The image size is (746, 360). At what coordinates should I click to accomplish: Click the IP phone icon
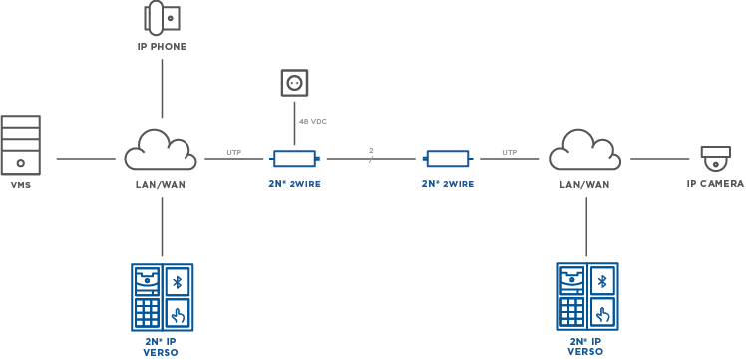[x=161, y=17]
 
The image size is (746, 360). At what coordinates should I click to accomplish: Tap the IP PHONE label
[x=161, y=46]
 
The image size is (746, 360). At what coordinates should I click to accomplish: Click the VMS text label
[x=20, y=185]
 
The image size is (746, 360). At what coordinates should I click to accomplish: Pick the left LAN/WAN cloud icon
[x=160, y=152]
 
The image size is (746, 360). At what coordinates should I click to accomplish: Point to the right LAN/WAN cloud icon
[x=584, y=152]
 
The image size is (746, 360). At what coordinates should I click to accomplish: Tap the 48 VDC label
[x=312, y=121]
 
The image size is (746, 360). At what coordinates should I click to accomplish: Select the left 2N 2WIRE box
[x=296, y=158]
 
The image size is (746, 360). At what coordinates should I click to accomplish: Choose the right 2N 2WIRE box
[x=447, y=158]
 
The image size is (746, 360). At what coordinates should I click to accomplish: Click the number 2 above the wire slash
[x=369, y=149]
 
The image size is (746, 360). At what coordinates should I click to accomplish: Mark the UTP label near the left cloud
[x=233, y=153]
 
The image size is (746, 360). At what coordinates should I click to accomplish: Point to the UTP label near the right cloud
[x=509, y=153]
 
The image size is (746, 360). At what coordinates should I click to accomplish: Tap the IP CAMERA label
[x=714, y=184]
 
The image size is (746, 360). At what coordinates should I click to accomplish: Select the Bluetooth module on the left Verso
[x=179, y=281]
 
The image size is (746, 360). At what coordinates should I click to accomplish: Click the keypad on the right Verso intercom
[x=571, y=313]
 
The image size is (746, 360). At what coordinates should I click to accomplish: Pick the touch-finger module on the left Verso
[x=179, y=315]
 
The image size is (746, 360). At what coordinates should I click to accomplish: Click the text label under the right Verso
[x=584, y=346]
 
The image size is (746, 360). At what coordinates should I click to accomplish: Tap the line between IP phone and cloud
[x=161, y=90]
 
